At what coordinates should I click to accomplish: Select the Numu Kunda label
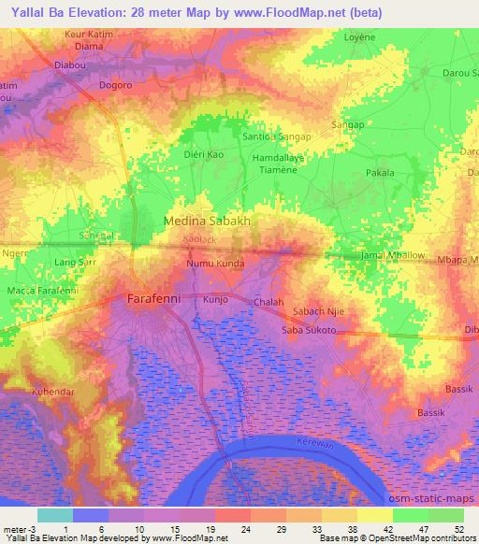coord(215,264)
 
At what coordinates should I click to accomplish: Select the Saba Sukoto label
coord(309,330)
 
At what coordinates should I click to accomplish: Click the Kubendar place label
coord(52,391)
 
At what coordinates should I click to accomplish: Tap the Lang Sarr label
coord(76,265)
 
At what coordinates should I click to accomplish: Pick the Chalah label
coord(269,302)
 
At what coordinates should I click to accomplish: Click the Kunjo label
coord(216,301)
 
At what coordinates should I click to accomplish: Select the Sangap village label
coord(347,124)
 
